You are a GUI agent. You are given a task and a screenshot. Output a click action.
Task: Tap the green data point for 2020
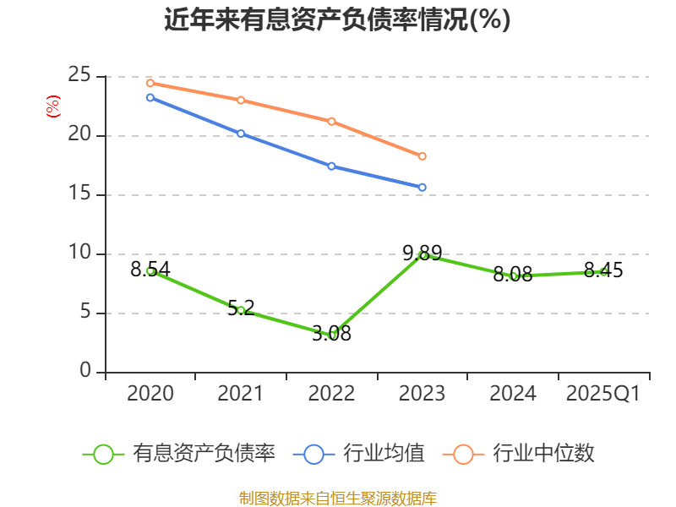[x=150, y=270]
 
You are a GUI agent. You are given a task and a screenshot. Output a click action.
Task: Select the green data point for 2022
[x=332, y=335]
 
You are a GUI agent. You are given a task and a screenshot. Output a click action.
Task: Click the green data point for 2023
[x=422, y=255]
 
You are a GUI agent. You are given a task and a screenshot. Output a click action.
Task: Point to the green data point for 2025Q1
[x=603, y=271]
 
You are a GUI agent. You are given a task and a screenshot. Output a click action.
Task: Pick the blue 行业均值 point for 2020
[x=150, y=97]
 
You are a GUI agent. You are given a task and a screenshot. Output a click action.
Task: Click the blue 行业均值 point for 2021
[x=241, y=134]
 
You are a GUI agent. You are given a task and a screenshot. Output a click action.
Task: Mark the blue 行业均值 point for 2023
[x=422, y=187]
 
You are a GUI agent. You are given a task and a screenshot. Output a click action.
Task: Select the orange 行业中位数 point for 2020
[x=150, y=83]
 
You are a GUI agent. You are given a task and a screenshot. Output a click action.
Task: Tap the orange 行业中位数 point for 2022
[x=332, y=121]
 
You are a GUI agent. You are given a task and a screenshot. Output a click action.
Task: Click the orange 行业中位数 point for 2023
[x=422, y=156]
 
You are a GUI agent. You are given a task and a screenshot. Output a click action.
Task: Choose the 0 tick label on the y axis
[x=86, y=372]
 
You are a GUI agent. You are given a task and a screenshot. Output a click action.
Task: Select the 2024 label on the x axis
[x=513, y=394]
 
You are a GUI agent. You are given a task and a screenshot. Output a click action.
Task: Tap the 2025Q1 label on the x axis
[x=603, y=394]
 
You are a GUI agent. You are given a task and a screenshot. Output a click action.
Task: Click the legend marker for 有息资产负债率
[x=103, y=454]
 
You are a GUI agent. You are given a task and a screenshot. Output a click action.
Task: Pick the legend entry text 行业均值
[x=384, y=454]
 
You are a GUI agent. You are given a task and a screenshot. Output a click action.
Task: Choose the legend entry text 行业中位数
[x=543, y=454]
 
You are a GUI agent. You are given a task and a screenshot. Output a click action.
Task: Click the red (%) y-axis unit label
[x=53, y=106]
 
